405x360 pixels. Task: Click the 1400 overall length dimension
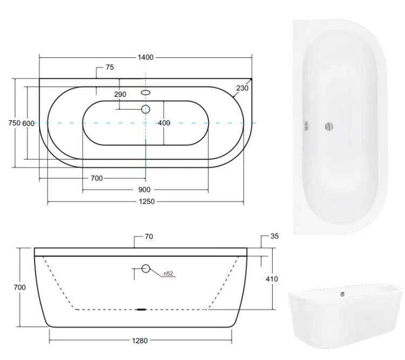[x=146, y=57]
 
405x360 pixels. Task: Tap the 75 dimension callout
[x=110, y=67]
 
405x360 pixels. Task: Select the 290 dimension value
[x=120, y=95]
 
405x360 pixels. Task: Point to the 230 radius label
[x=242, y=88]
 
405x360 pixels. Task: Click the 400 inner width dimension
[x=164, y=123]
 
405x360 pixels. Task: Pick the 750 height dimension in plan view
[x=14, y=123]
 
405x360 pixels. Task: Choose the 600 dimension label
[x=28, y=124]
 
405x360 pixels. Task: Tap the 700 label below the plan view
[x=97, y=178]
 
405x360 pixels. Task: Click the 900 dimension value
[x=144, y=190]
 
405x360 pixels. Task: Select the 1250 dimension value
[x=147, y=202]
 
